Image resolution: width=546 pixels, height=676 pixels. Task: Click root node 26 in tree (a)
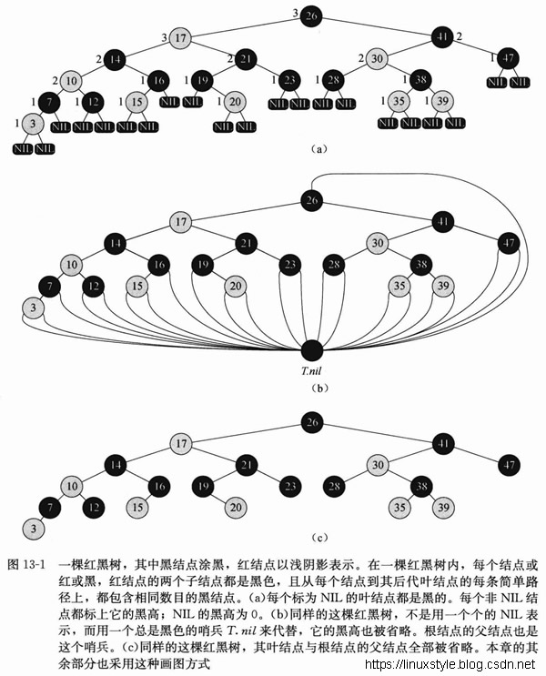pos(311,15)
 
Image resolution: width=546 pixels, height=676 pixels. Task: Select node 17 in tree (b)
pos(182,222)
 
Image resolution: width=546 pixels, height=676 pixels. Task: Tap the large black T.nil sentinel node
pos(312,350)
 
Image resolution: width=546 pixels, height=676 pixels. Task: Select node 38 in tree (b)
pos(420,265)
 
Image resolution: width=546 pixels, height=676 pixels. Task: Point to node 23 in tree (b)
pos(289,265)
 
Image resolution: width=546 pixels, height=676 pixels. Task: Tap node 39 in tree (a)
pos(444,100)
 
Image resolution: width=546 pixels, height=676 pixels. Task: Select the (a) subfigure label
pos(312,146)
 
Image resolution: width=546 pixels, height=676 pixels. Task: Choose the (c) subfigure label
pos(312,538)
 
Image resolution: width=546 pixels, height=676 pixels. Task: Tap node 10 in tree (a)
pos(71,80)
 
